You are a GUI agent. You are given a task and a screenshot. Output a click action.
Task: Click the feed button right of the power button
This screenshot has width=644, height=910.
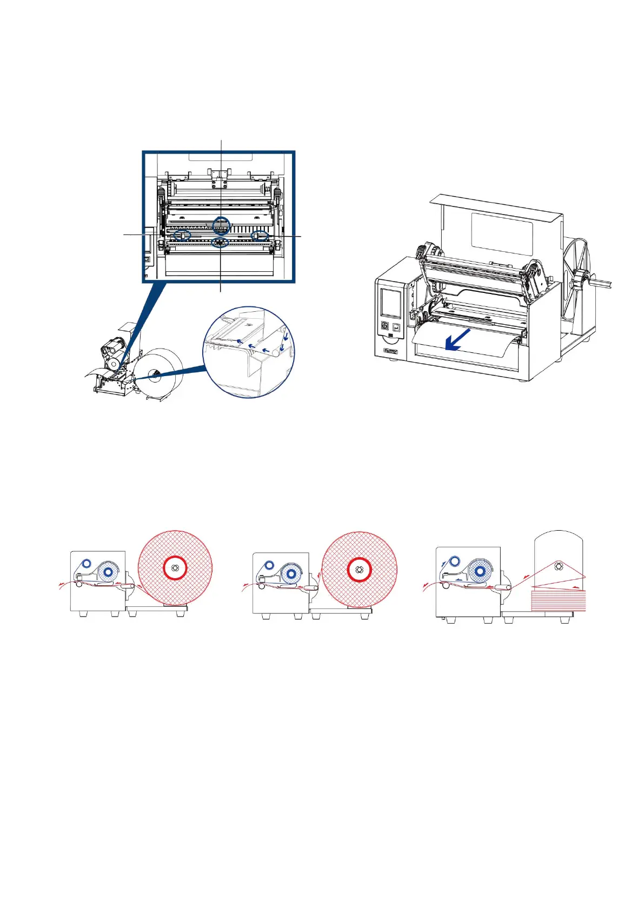tap(396, 327)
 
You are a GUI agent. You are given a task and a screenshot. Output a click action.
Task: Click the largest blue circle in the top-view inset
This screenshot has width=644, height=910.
tap(221, 225)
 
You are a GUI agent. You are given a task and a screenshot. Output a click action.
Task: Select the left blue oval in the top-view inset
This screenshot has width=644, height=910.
tap(182, 235)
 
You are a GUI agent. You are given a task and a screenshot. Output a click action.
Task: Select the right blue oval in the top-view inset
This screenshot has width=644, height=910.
tap(260, 236)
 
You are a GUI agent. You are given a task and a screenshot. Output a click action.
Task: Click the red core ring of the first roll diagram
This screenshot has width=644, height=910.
tap(175, 567)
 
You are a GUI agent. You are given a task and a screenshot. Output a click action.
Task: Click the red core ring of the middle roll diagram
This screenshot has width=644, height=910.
tap(358, 568)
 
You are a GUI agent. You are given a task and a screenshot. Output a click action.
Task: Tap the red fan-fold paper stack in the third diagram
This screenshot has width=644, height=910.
tap(559, 600)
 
